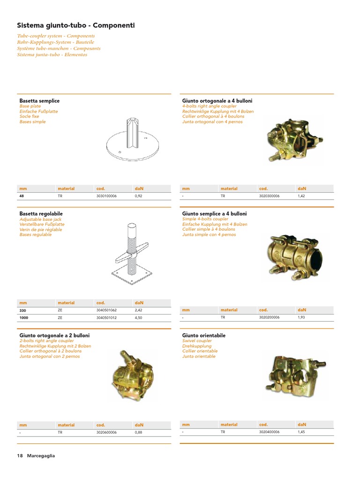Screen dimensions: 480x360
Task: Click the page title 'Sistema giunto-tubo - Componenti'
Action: (x=76, y=25)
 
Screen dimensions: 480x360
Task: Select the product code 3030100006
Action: (x=106, y=196)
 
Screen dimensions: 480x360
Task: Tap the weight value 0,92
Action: (x=138, y=196)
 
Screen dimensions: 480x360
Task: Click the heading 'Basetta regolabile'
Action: (x=41, y=214)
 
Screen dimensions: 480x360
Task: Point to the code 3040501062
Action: (x=106, y=310)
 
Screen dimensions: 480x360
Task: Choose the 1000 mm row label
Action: (x=24, y=317)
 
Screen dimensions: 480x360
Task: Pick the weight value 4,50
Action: (x=138, y=317)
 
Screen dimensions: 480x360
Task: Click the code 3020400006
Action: (x=269, y=432)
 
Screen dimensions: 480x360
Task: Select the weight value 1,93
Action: (x=301, y=317)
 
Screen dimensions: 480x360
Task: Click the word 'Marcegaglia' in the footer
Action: (x=41, y=456)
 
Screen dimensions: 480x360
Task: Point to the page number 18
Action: (x=20, y=456)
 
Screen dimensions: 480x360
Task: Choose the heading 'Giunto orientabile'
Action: (x=203, y=336)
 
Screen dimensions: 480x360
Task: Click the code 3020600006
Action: (x=106, y=432)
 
